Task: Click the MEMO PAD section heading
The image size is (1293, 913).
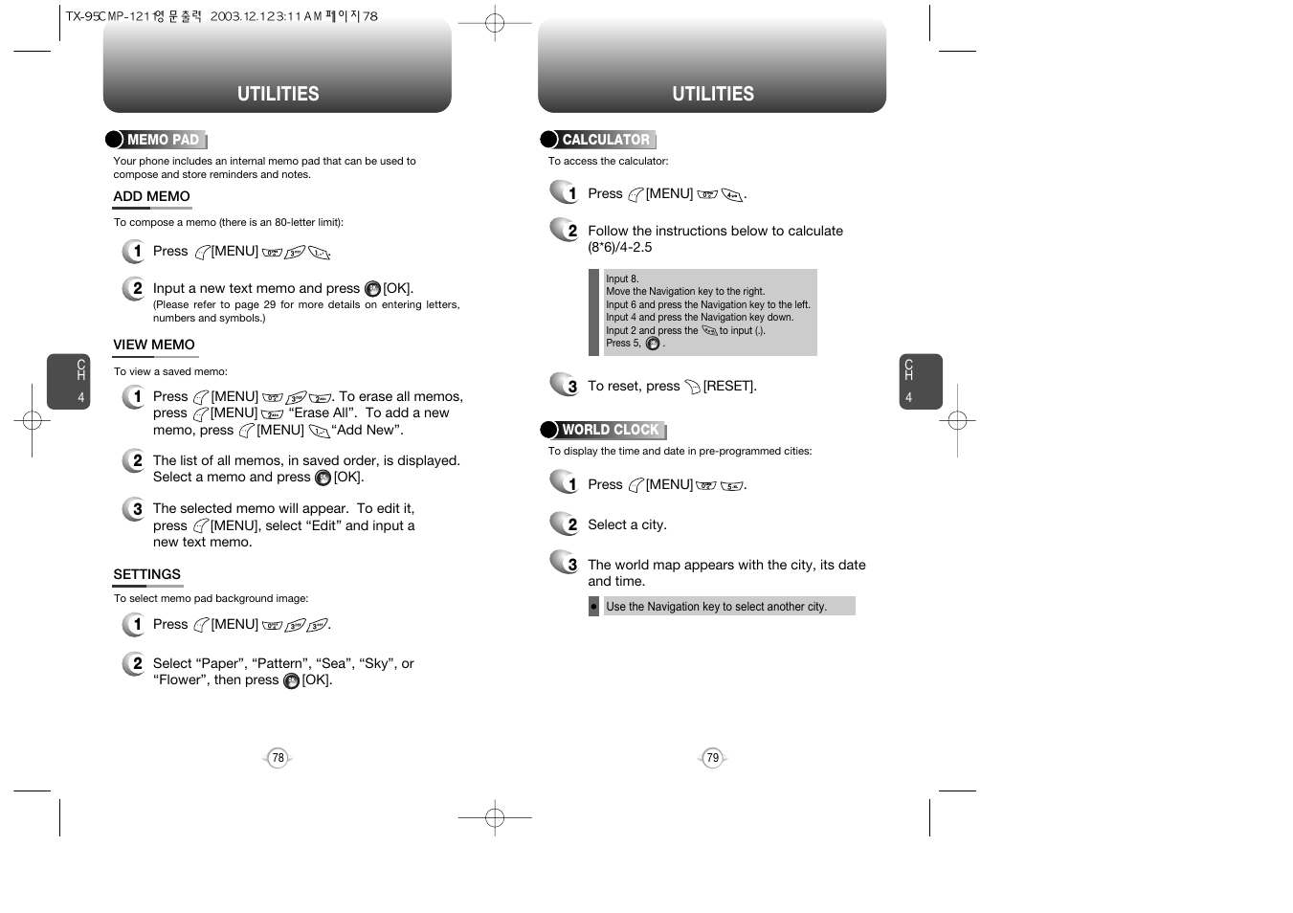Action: [162, 140]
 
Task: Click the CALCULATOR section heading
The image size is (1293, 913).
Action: [605, 140]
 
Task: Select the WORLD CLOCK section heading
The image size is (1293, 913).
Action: [610, 430]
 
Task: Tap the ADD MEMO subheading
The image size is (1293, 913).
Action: [151, 197]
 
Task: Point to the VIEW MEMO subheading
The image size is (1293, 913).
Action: [153, 345]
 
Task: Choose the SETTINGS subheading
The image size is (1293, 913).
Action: [146, 575]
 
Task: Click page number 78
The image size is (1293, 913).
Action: [278, 758]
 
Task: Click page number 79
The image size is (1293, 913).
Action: [712, 758]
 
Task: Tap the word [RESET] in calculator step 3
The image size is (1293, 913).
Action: [729, 387]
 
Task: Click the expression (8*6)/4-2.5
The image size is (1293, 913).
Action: [620, 248]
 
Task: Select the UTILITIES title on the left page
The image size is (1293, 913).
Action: [278, 94]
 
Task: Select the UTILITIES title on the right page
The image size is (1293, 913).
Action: [712, 94]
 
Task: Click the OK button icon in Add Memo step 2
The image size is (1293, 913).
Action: [372, 289]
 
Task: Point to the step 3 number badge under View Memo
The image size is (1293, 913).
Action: [135, 509]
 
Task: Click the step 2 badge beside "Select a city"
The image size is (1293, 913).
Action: [566, 523]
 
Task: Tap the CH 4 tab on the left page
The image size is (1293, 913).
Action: [69, 382]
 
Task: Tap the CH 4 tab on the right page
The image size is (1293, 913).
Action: [920, 382]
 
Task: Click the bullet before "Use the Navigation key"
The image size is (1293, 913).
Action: [593, 607]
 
